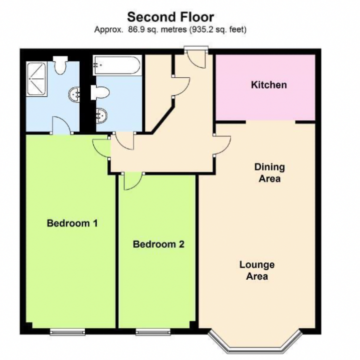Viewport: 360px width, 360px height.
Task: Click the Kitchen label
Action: (269, 85)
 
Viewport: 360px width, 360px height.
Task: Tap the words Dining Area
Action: (269, 172)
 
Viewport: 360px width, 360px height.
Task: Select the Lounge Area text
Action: (256, 270)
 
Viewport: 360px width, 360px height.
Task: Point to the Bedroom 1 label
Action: (72, 223)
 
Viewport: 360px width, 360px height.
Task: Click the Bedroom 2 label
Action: (158, 245)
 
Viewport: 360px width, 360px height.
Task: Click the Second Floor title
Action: (170, 17)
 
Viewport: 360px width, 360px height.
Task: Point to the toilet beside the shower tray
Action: (62, 66)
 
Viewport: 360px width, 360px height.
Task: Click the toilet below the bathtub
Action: (100, 92)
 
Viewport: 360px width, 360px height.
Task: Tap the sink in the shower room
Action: (75, 93)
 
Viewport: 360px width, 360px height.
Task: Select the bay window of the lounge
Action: (256, 342)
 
